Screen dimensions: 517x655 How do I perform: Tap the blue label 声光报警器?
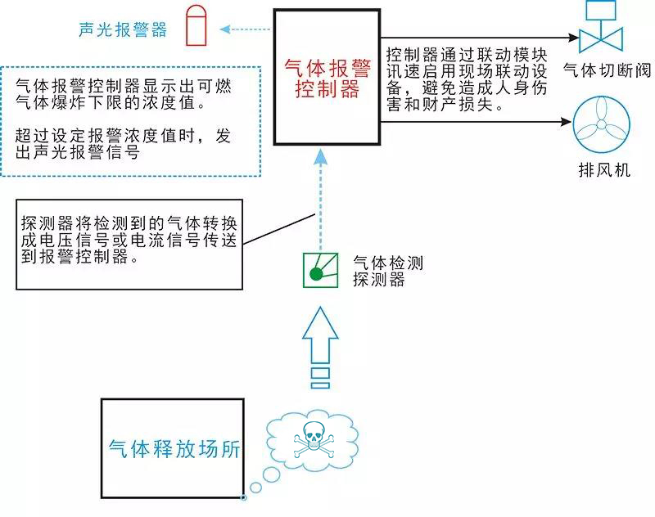[x=123, y=30]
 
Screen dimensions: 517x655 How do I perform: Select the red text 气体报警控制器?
[x=327, y=79]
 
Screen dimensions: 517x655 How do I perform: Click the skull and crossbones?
[x=312, y=439]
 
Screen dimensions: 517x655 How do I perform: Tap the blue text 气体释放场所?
[x=174, y=448]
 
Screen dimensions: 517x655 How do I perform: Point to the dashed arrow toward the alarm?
[x=243, y=30]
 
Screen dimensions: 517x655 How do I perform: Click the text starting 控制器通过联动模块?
[x=467, y=80]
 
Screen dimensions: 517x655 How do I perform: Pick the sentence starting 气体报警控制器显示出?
[x=123, y=95]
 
